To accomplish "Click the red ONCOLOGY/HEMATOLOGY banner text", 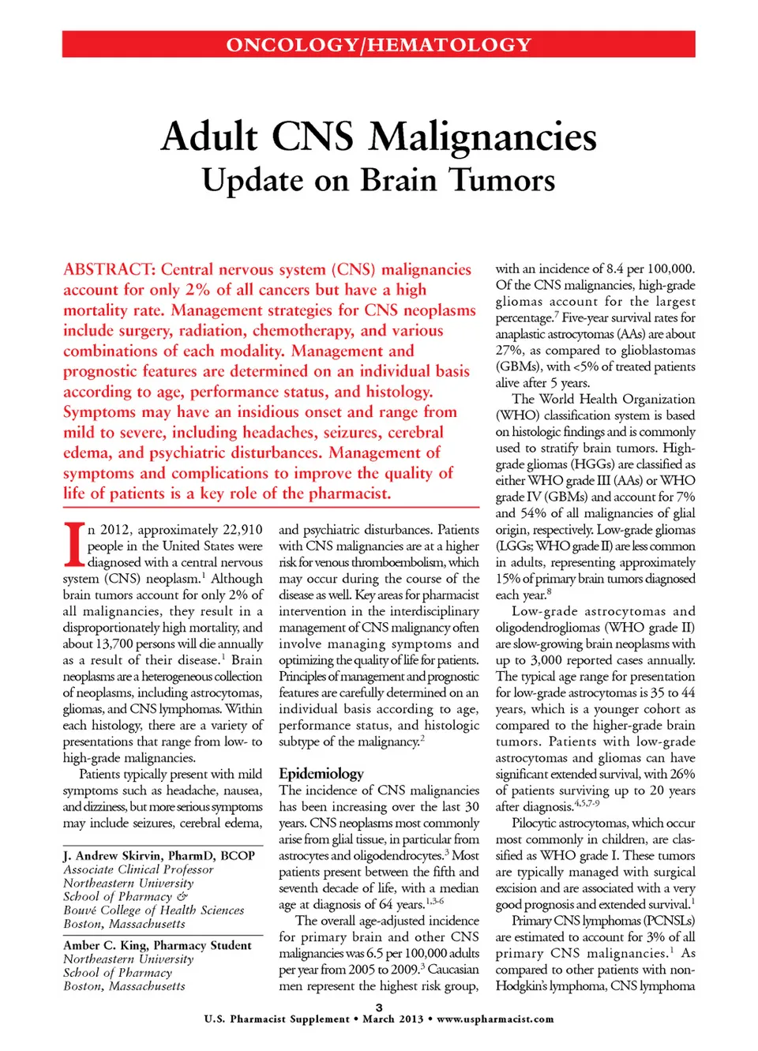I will click(x=379, y=44).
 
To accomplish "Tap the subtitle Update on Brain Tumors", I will click(x=379, y=180).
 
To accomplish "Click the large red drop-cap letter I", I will click(x=73, y=544).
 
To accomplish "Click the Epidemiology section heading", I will click(x=321, y=774).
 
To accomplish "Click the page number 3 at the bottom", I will click(x=379, y=1008).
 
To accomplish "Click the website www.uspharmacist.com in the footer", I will click(x=495, y=1019).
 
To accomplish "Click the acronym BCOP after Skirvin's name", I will click(x=237, y=855).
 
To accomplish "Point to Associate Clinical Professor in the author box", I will click(x=138, y=869).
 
